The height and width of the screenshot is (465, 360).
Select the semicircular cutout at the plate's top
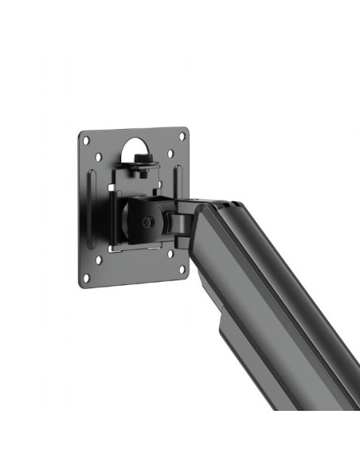(135, 147)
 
